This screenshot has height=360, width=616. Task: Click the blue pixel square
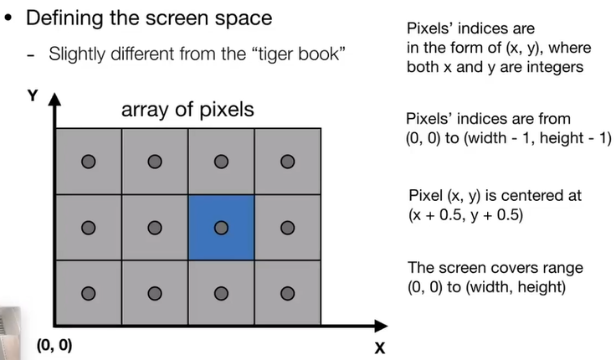[x=221, y=227]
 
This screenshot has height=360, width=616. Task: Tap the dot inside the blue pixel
[x=221, y=227]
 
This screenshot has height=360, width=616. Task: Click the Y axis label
[x=33, y=96]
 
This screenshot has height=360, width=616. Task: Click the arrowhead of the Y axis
[x=56, y=101]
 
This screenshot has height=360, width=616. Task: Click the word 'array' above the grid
[x=142, y=110]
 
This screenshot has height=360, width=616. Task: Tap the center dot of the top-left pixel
[x=88, y=161]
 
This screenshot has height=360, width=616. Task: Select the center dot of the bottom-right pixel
[x=288, y=293]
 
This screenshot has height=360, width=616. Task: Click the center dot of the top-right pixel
[x=288, y=161]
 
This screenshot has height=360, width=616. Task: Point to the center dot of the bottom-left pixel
[x=88, y=293]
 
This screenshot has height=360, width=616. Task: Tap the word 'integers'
[x=554, y=66]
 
